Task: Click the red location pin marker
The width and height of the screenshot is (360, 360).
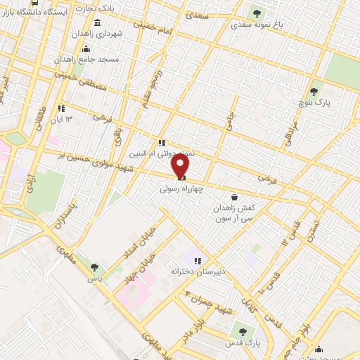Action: [181, 166]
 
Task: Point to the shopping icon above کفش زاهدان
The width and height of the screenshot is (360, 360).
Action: [233, 198]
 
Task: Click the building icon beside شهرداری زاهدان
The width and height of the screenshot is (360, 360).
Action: [77, 33]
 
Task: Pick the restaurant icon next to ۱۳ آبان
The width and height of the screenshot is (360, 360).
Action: [61, 108]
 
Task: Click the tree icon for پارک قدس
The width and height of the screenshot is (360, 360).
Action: [243, 332]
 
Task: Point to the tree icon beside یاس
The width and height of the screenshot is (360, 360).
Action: [94, 266]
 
